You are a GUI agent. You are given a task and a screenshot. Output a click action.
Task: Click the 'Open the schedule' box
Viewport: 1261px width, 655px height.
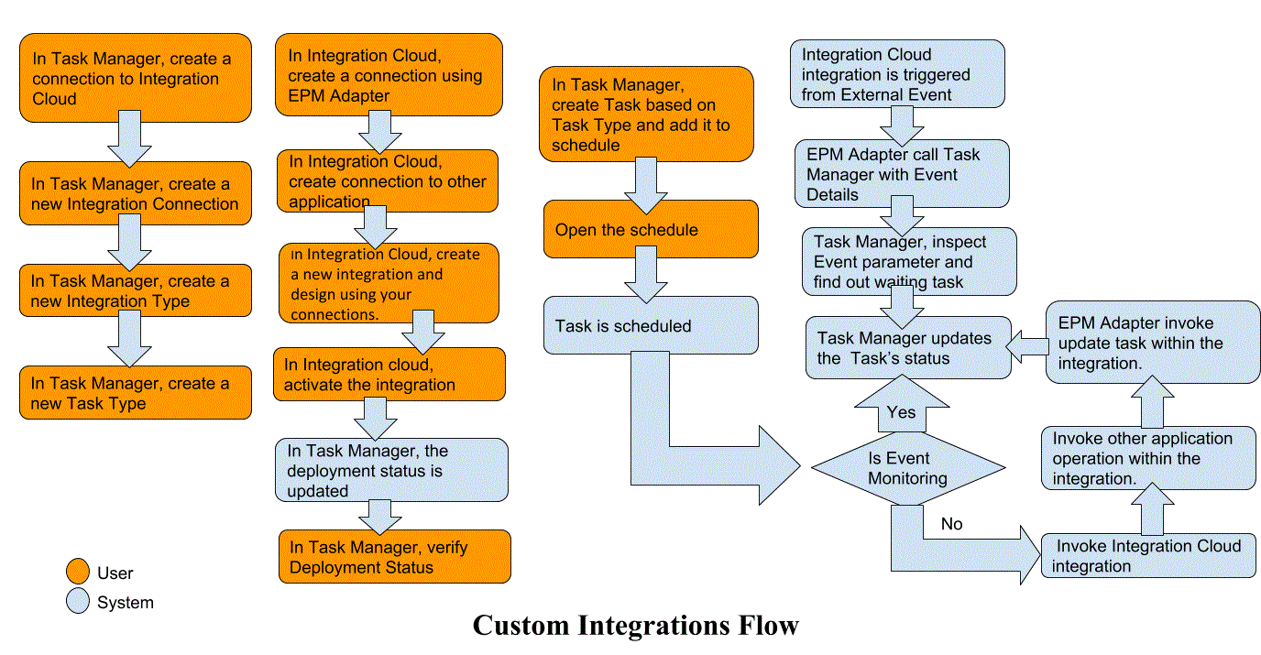click(x=651, y=229)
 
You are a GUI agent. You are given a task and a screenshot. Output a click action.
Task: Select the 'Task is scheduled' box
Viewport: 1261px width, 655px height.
click(x=651, y=325)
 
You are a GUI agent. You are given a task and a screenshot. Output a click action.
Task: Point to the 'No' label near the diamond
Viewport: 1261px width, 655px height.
click(x=952, y=524)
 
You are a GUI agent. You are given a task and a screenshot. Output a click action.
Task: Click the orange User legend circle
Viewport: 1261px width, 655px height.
click(x=79, y=573)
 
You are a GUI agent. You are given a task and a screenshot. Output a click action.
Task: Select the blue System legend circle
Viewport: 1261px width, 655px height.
click(x=79, y=602)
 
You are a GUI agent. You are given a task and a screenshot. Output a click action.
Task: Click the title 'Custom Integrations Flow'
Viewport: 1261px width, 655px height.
click(x=635, y=626)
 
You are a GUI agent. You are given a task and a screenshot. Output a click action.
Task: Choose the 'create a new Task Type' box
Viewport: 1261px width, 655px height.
click(x=135, y=393)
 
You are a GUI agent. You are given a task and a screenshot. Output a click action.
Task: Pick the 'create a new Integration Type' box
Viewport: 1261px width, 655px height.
click(x=135, y=291)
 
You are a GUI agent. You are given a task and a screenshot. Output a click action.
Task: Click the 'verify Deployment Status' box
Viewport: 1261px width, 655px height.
click(x=394, y=557)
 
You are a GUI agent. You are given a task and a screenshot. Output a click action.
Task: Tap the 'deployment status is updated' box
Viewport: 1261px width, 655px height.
click(x=391, y=470)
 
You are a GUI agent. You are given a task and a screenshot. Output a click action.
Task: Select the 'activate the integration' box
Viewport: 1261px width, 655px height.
click(x=389, y=374)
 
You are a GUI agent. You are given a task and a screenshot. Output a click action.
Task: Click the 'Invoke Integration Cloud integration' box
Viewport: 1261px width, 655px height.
click(x=1148, y=556)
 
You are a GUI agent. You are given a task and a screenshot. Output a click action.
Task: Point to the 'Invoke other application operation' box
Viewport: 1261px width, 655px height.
click(x=1148, y=458)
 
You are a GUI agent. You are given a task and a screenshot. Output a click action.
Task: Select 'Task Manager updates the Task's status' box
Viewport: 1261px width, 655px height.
click(x=908, y=348)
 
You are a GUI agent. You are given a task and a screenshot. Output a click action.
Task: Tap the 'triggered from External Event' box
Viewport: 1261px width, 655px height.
click(x=897, y=74)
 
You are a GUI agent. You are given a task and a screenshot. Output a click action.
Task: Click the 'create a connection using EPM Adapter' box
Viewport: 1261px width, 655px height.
click(x=389, y=75)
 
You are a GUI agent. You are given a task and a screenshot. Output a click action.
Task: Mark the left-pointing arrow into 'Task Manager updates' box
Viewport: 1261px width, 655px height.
click(x=1027, y=346)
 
